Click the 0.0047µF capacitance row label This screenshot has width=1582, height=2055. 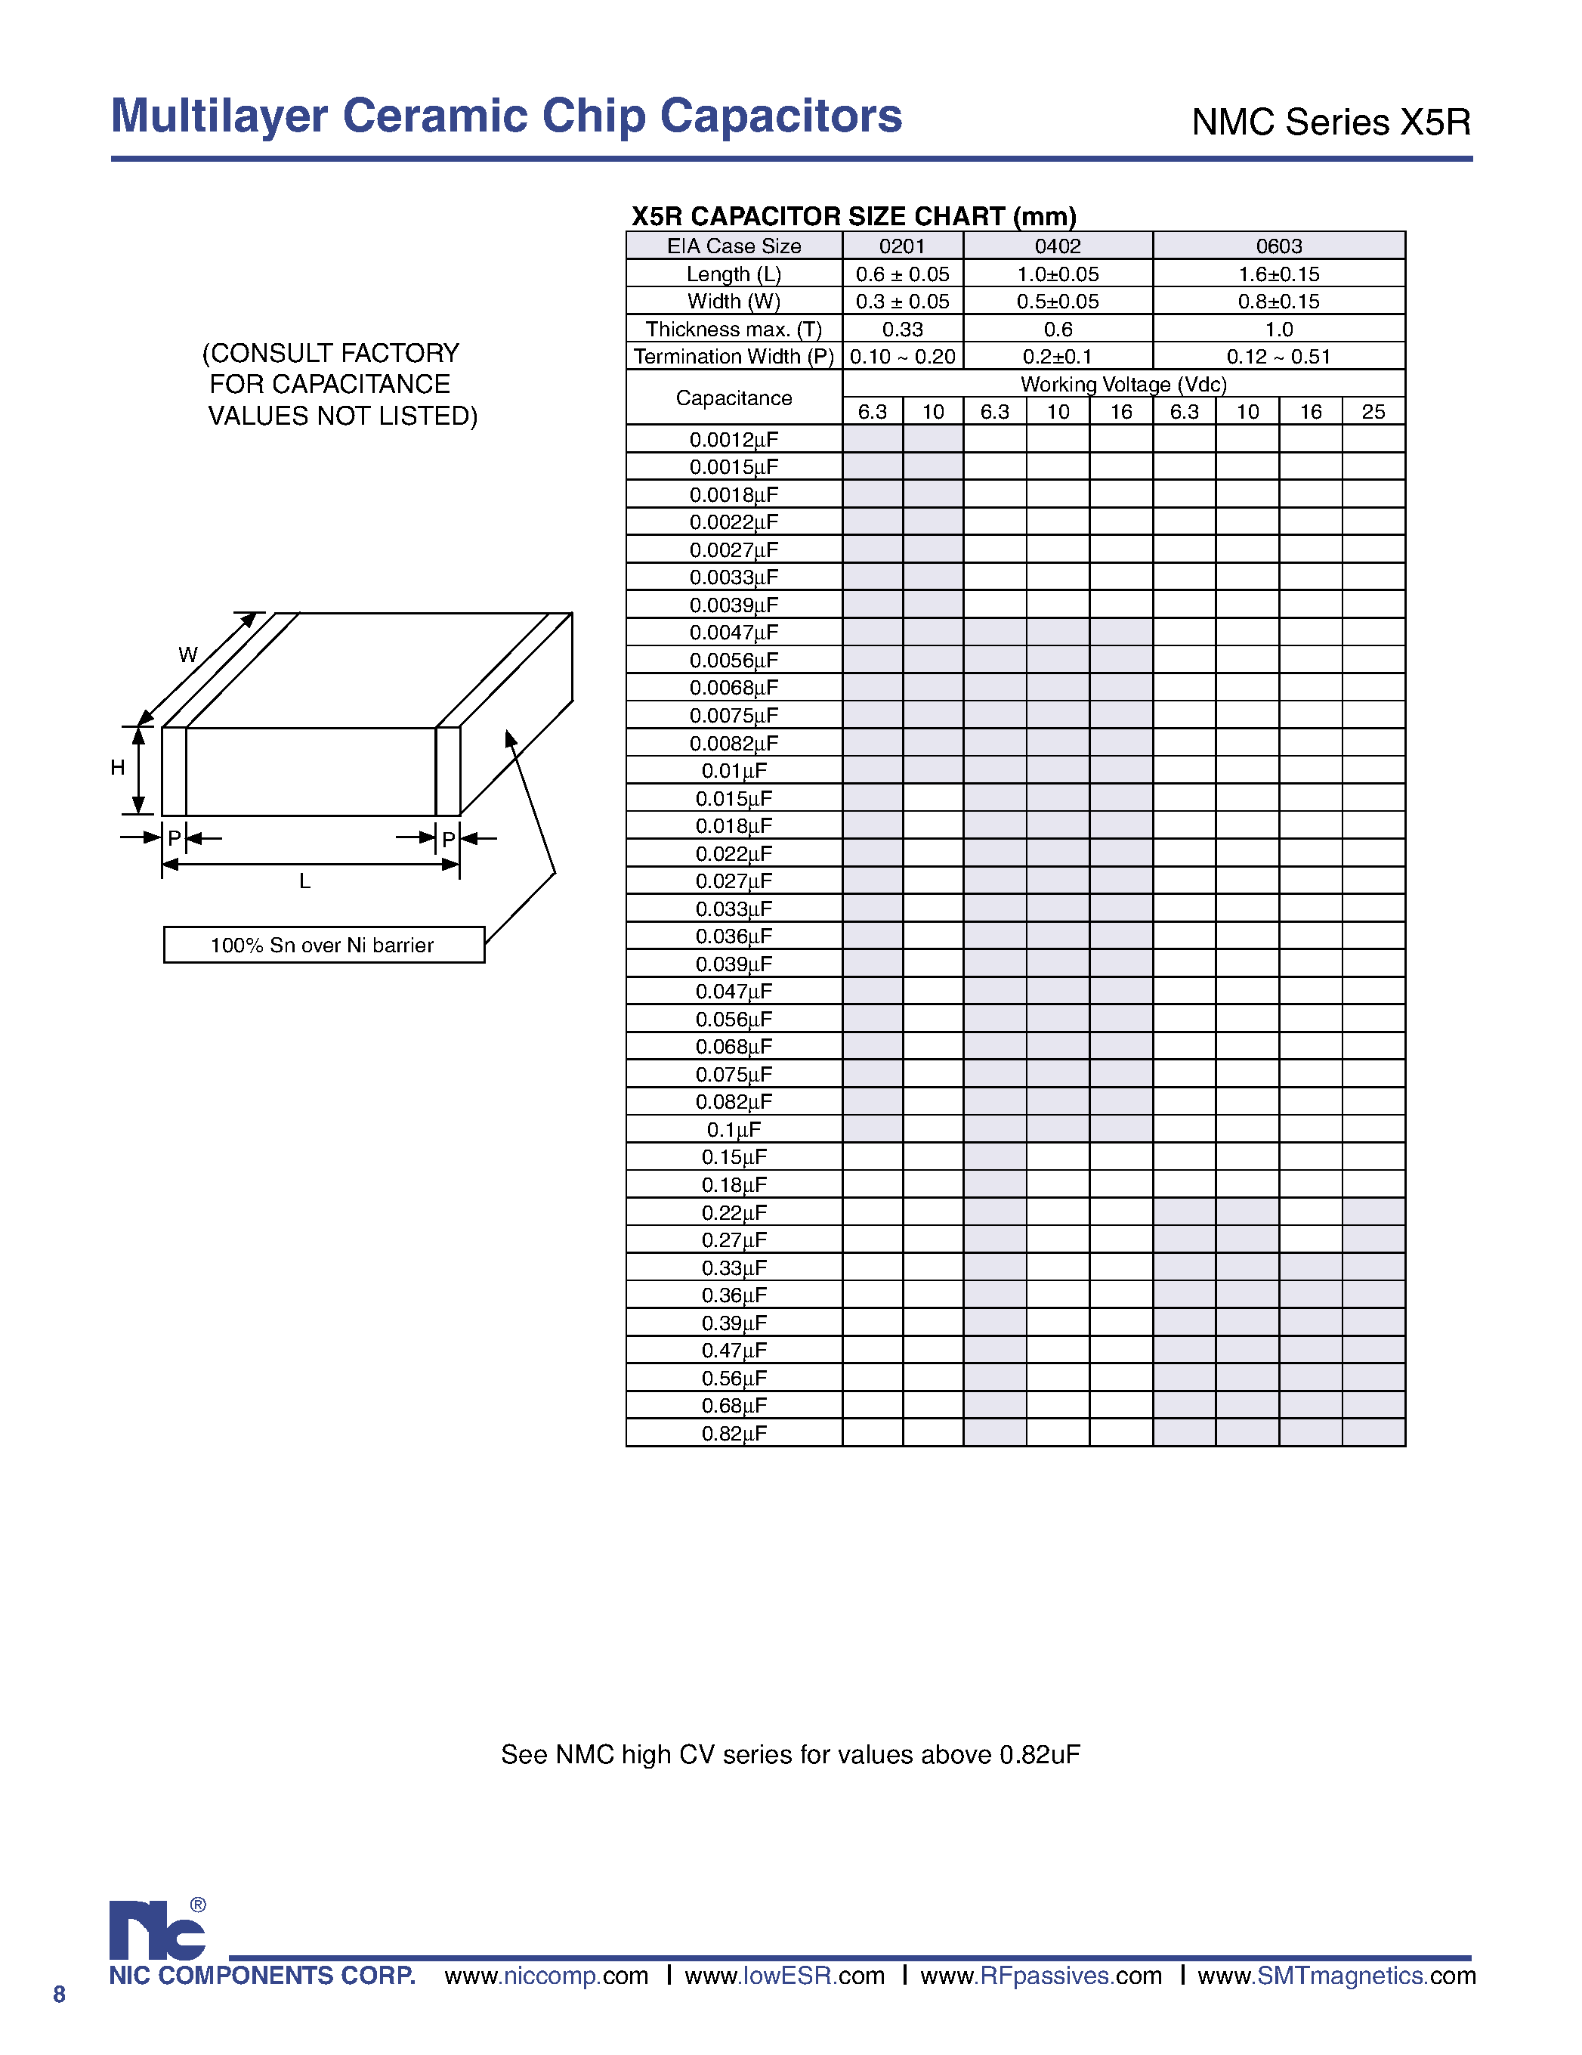tap(734, 633)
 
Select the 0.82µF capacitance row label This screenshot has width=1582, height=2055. tap(734, 1433)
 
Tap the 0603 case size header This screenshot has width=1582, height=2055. tap(1278, 246)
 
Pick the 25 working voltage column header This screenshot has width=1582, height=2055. tap(1373, 412)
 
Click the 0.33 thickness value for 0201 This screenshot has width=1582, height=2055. tap(902, 330)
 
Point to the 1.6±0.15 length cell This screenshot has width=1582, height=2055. tap(1278, 275)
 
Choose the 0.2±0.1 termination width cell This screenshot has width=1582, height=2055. tap(1057, 357)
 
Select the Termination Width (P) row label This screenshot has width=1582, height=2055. tap(734, 357)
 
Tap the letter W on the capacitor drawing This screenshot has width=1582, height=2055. tap(188, 655)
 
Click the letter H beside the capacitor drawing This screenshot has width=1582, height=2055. tap(118, 768)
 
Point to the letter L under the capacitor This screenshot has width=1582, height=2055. tap(304, 882)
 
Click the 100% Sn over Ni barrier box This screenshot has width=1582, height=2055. tap(323, 945)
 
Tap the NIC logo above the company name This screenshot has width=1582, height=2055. tap(157, 1931)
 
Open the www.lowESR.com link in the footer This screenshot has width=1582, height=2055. tap(784, 1976)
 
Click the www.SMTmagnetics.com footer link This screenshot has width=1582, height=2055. tap(1336, 1976)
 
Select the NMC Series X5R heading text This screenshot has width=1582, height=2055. tap(1330, 122)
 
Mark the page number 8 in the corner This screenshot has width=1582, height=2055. tap(59, 1995)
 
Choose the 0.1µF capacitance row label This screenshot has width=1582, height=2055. tap(734, 1129)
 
